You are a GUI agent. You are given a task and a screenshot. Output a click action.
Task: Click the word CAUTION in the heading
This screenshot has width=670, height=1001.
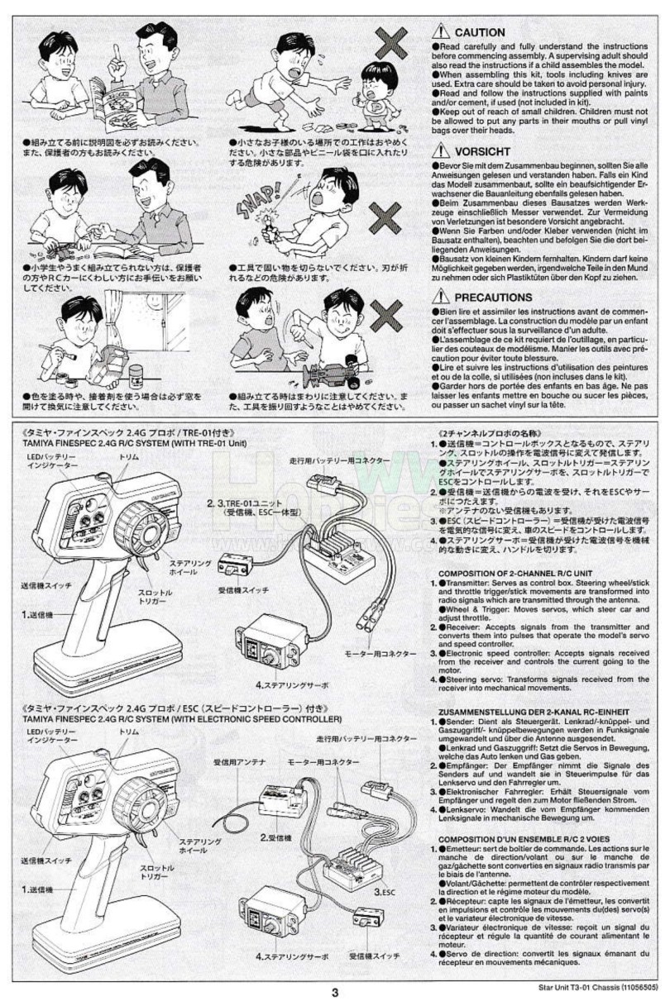pyautogui.click(x=480, y=32)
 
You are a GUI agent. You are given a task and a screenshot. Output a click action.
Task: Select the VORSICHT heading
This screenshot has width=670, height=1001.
pyautogui.click(x=482, y=151)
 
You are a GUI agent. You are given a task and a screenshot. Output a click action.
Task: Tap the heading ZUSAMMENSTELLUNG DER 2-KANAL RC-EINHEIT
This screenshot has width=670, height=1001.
pyautogui.click(x=534, y=711)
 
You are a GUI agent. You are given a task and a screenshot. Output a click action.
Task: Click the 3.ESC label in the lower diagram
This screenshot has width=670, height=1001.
pyautogui.click(x=384, y=892)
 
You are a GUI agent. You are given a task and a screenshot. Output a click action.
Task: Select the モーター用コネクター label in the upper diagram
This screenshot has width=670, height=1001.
pyautogui.click(x=380, y=653)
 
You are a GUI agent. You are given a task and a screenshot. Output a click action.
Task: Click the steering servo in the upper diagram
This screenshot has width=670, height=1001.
pyautogui.click(x=274, y=650)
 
